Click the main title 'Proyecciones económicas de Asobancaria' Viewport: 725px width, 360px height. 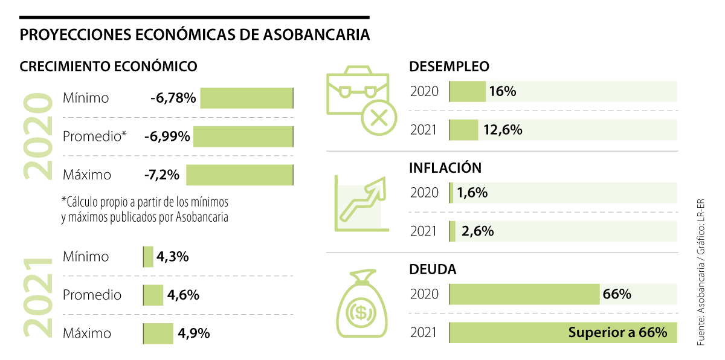(195, 35)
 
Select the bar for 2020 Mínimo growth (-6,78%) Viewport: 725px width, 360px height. (246, 98)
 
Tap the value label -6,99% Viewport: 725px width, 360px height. (167, 137)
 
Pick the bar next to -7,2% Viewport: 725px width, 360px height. (240, 175)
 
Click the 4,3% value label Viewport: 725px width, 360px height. (173, 257)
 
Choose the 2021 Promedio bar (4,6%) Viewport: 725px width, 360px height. (153, 295)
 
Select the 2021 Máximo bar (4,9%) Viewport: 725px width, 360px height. (158, 333)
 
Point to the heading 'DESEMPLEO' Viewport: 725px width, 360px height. (449, 66)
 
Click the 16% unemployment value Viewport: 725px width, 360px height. (503, 92)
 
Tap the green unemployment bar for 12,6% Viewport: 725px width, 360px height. (464, 130)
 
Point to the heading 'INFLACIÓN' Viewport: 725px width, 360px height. (445, 167)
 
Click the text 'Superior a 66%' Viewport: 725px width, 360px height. (617, 332)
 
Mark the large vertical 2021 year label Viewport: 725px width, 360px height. (37, 296)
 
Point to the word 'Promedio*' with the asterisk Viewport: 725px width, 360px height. (95, 137)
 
